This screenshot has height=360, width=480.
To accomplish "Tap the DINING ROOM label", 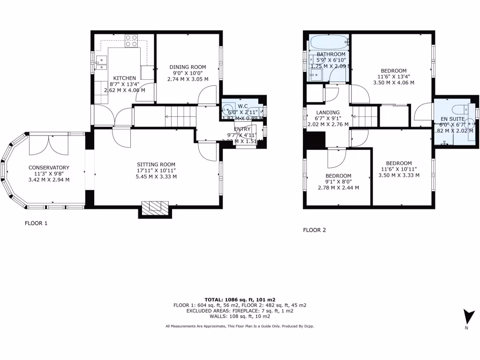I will (187, 67).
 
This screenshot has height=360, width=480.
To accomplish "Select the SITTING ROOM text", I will (156, 165).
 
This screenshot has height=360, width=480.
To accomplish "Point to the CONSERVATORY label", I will (49, 168).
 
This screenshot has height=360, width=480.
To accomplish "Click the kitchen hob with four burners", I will (131, 41).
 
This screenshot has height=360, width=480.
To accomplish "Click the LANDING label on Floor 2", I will (328, 112).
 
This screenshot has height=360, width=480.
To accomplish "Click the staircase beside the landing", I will (365, 116).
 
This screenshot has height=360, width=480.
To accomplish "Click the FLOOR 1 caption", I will (36, 224).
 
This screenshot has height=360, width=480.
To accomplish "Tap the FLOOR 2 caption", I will (315, 230).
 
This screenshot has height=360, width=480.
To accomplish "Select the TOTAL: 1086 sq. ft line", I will (240, 299).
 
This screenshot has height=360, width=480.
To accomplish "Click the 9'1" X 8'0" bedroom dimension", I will (338, 182).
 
